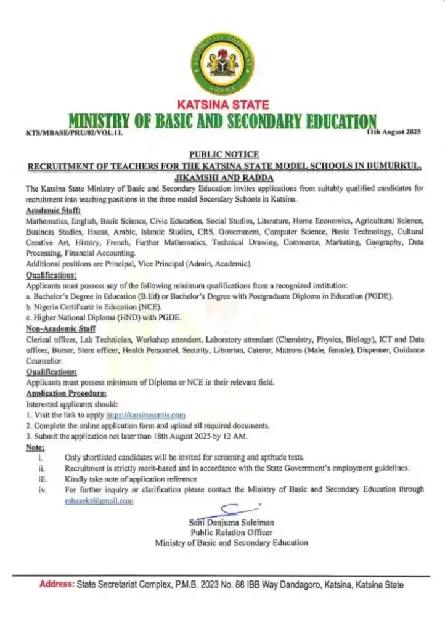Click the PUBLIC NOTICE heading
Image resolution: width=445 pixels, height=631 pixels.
pos(223,154)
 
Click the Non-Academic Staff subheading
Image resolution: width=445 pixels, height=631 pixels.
pos(55,329)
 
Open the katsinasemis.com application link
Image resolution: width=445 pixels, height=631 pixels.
pos(150,416)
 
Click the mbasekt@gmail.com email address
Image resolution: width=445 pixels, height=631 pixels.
pos(99,501)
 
